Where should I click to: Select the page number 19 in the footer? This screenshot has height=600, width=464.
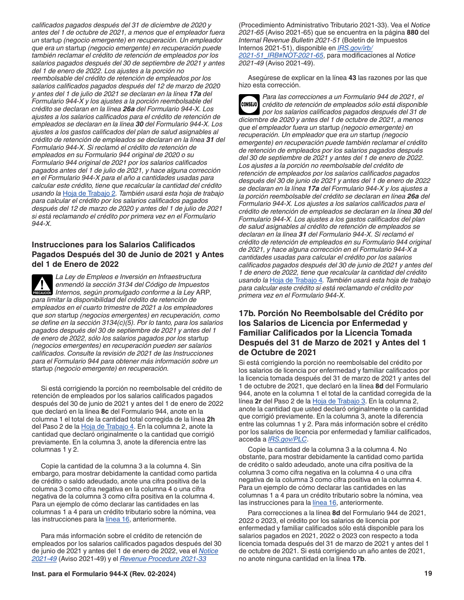428,574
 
